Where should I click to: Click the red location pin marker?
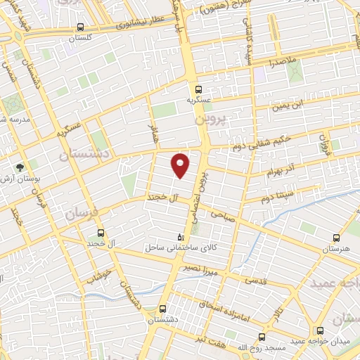(181, 165)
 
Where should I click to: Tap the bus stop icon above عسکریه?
(199, 89)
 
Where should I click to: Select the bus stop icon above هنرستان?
(335, 238)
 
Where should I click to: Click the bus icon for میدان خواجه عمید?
(321, 330)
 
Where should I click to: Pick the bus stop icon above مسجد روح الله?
(262, 337)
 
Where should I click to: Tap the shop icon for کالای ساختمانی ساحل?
(181, 237)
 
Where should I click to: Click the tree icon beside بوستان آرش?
(20, 167)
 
